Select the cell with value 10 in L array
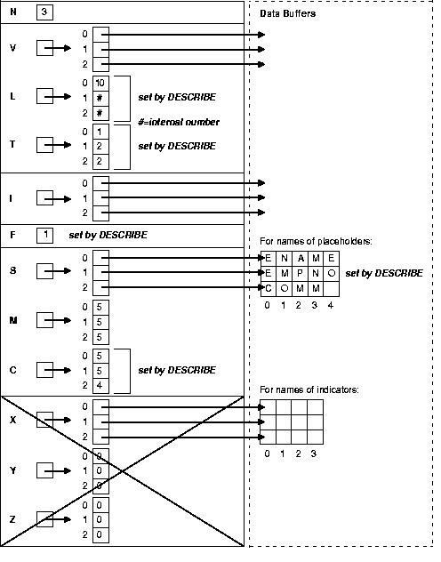pyautogui.click(x=101, y=82)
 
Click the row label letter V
pyautogui.click(x=12, y=49)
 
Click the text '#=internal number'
pyautogui.click(x=178, y=122)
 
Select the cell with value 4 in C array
pyautogui.click(x=101, y=385)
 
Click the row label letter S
pyautogui.click(x=12, y=272)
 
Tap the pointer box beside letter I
pyautogui.click(x=45, y=198)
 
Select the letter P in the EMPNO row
pyautogui.click(x=300, y=272)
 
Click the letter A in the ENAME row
pyautogui.click(x=300, y=257)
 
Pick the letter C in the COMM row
pyautogui.click(x=268, y=288)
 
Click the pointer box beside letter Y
pyautogui.click(x=45, y=470)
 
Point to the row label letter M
pyautogui.click(x=12, y=321)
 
